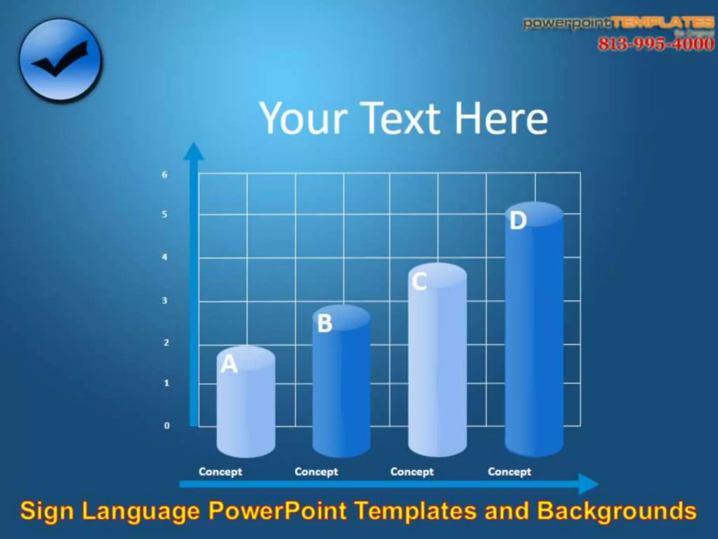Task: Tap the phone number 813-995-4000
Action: (x=655, y=44)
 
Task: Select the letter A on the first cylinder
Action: (x=229, y=364)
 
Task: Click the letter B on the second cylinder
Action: (x=325, y=323)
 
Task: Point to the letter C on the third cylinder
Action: (x=419, y=281)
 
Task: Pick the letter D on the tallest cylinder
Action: (x=518, y=221)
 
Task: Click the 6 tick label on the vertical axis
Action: (x=164, y=175)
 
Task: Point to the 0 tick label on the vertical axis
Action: (x=167, y=426)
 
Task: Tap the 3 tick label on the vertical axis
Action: (x=164, y=301)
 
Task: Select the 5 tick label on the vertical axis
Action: (x=164, y=214)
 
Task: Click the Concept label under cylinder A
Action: (x=220, y=472)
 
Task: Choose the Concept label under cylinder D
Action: (x=509, y=472)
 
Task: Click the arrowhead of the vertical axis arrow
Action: (x=194, y=151)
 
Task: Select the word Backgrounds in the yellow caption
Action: (x=617, y=511)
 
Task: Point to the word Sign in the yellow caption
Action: (x=47, y=511)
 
